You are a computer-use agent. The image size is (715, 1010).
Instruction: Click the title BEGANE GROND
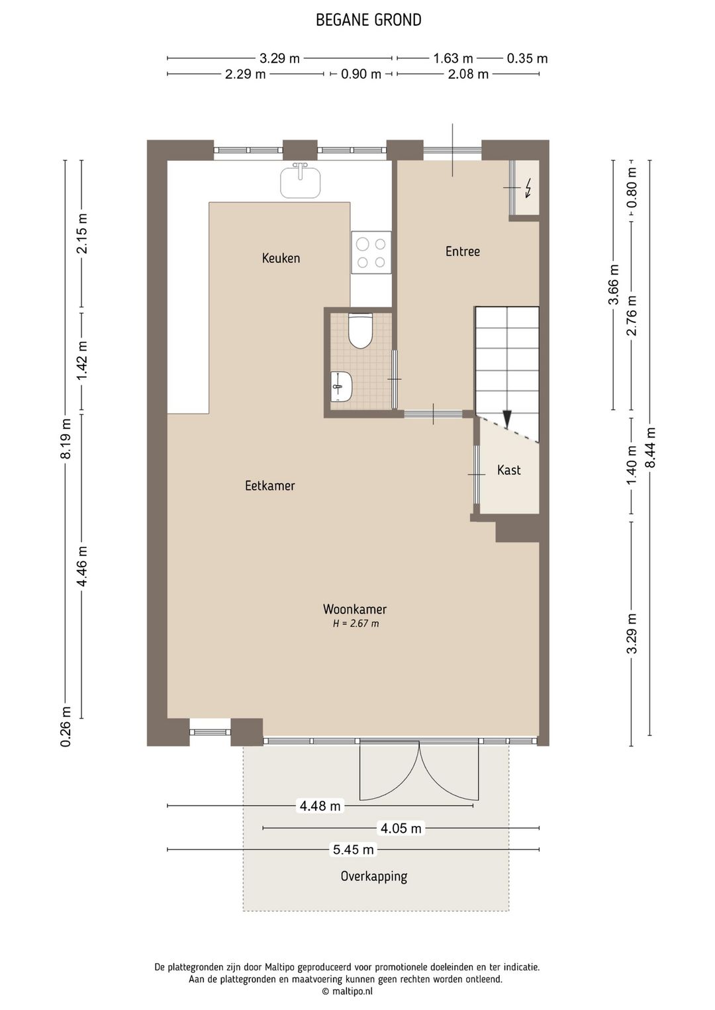click(369, 21)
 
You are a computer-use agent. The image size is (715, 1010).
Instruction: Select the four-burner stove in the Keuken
click(371, 253)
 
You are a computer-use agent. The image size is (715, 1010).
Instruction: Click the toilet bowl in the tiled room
click(360, 332)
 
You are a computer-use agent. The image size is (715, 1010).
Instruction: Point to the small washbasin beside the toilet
click(342, 387)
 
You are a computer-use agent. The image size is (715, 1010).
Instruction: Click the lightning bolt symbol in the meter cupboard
click(528, 188)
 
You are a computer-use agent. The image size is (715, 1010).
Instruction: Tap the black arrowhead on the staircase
click(507, 419)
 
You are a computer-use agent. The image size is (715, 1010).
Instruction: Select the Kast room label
click(509, 471)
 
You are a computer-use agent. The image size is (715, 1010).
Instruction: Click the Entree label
click(462, 251)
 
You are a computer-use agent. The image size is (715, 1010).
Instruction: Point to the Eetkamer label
click(269, 486)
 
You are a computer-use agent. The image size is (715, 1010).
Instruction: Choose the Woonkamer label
click(355, 609)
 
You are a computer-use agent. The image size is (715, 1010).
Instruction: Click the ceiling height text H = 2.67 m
click(356, 624)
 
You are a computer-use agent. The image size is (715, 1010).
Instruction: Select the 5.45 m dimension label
click(354, 849)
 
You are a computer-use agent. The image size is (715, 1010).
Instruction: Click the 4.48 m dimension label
click(320, 805)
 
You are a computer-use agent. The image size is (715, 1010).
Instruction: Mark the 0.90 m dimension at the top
click(361, 74)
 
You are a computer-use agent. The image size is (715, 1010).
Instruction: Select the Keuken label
click(281, 258)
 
